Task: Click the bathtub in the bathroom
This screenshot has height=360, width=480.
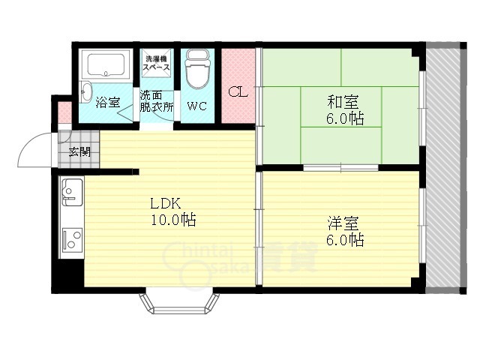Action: pyautogui.click(x=106, y=65)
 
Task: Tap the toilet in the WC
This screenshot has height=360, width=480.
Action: pyautogui.click(x=198, y=69)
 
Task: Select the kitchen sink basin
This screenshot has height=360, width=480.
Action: pyautogui.click(x=72, y=192)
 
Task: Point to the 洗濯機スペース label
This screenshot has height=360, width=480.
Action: pyautogui.click(x=157, y=63)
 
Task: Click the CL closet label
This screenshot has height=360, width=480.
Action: pyautogui.click(x=238, y=91)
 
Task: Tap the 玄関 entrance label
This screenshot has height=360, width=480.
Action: pyautogui.click(x=79, y=151)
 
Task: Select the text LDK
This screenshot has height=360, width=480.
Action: pyautogui.click(x=165, y=203)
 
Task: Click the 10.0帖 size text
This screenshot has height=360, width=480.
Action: pyautogui.click(x=173, y=219)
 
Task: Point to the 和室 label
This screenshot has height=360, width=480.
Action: pyautogui.click(x=343, y=102)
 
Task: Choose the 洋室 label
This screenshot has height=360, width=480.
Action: pyautogui.click(x=343, y=223)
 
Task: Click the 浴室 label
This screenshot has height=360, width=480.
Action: pyautogui.click(x=107, y=102)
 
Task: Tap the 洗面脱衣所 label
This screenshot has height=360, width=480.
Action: pyautogui.click(x=157, y=101)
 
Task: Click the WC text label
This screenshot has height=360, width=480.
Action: pyautogui.click(x=197, y=106)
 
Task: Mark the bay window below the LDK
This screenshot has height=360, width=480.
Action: pyautogui.click(x=179, y=303)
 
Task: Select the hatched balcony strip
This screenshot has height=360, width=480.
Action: pyautogui.click(x=443, y=168)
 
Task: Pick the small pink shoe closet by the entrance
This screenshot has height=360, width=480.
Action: pyautogui.click(x=64, y=112)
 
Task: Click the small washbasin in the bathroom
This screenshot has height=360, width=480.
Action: pyautogui.click(x=86, y=91)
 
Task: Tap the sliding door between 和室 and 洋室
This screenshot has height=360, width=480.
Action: pyautogui.click(x=341, y=168)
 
